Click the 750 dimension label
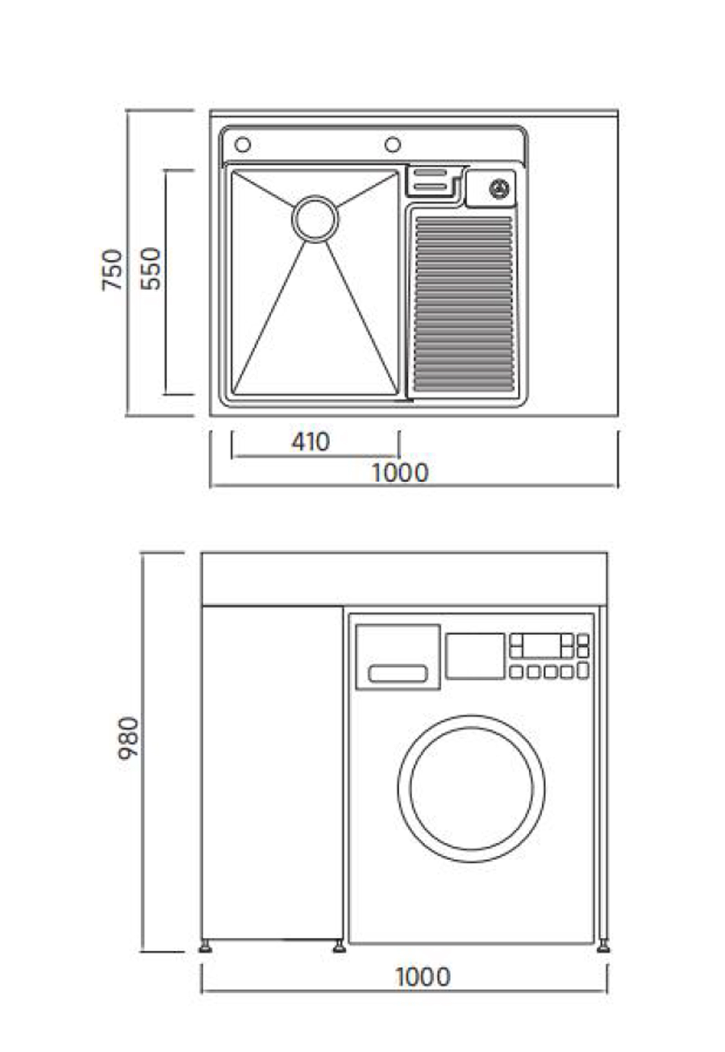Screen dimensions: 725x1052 (x=112, y=270)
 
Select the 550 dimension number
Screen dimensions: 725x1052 (x=151, y=269)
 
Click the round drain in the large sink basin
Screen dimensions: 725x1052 (x=315, y=219)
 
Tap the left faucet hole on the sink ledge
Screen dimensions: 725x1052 (x=243, y=145)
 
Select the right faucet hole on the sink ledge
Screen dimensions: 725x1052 (x=393, y=145)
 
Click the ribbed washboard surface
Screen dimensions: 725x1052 (x=464, y=304)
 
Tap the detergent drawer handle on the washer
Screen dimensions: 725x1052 (x=398, y=674)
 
